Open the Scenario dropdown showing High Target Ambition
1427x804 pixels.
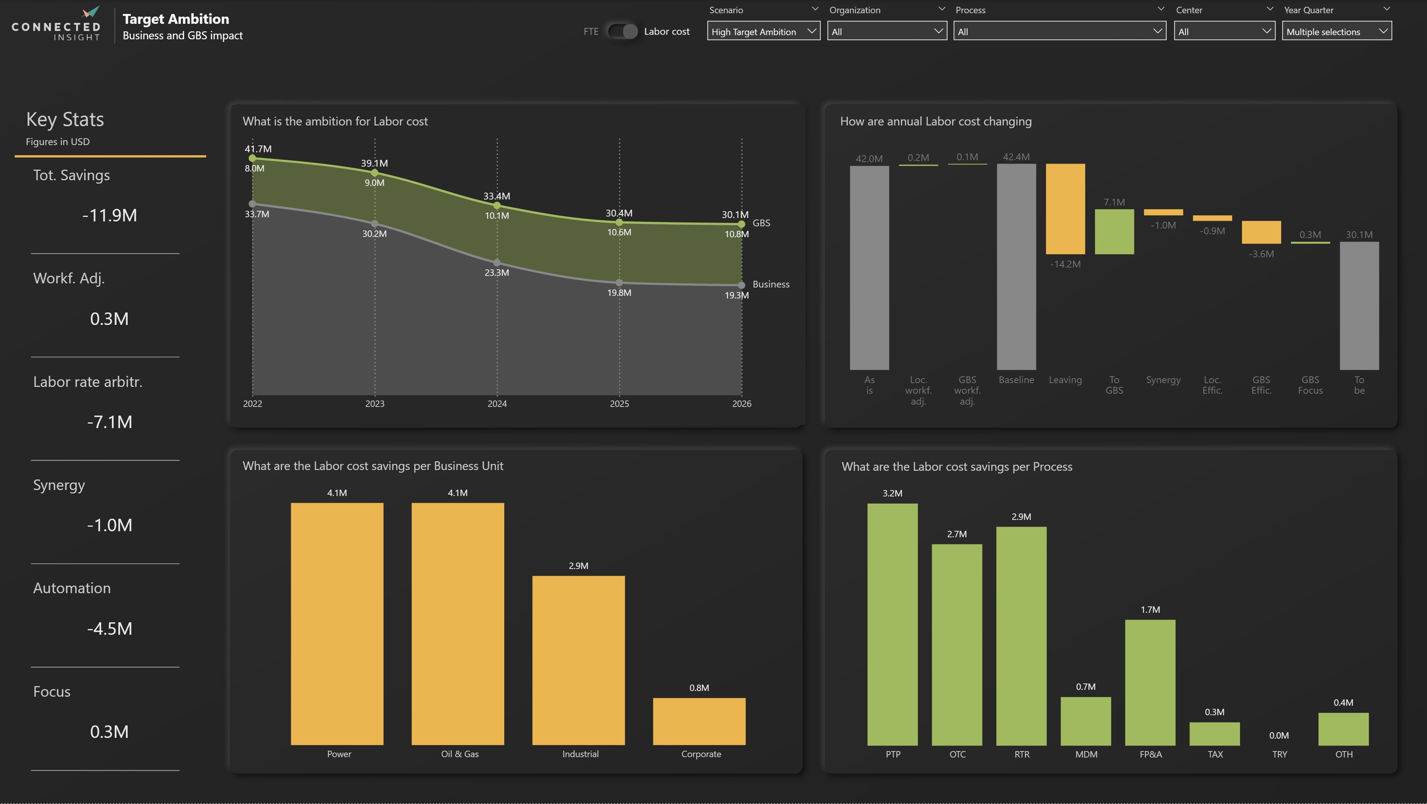(x=763, y=32)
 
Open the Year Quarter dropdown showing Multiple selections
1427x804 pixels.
(x=1336, y=32)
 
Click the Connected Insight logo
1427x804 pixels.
(x=56, y=25)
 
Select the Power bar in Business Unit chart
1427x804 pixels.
(x=337, y=623)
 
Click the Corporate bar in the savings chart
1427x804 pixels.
(x=699, y=721)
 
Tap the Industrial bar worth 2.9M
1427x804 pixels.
(x=578, y=660)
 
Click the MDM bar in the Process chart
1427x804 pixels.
(x=1086, y=721)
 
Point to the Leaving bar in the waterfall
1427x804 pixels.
(x=1065, y=209)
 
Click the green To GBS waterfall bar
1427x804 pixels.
(x=1114, y=232)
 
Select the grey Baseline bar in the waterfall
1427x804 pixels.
(x=1016, y=266)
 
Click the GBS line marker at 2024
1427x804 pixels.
(x=497, y=206)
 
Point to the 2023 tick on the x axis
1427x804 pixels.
(x=374, y=404)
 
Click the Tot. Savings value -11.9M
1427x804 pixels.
(x=110, y=215)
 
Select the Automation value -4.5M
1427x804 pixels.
(x=110, y=628)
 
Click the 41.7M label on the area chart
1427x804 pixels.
(x=258, y=148)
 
